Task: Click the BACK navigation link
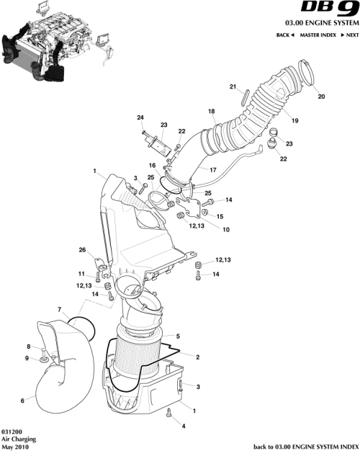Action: tap(285, 35)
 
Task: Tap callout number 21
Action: tap(233, 87)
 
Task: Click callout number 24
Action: tap(141, 117)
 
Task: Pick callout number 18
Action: tap(212, 111)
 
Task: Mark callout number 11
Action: tap(81, 274)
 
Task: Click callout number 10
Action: tap(226, 231)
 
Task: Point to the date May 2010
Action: tap(14, 446)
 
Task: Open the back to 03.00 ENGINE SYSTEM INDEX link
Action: tap(305, 446)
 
